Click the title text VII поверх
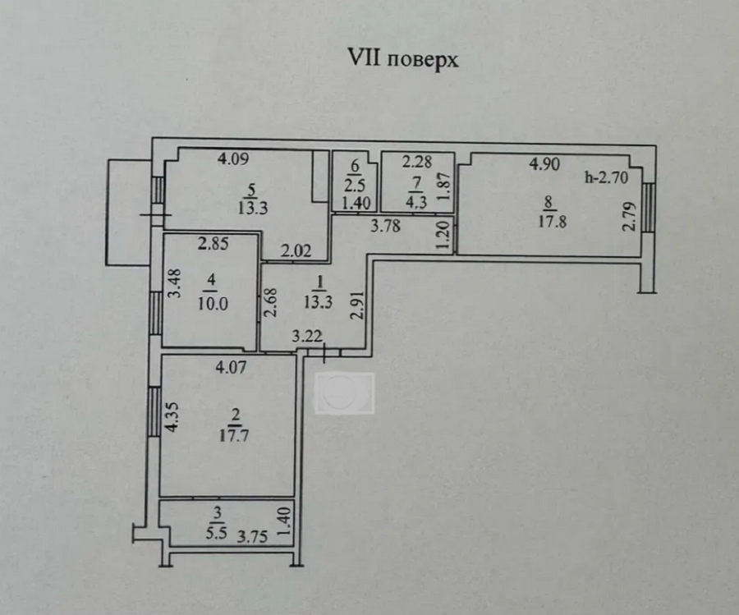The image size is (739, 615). pyautogui.click(x=403, y=61)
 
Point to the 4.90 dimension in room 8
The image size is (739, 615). pyautogui.click(x=544, y=163)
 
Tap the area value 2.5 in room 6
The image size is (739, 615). pyautogui.click(x=353, y=185)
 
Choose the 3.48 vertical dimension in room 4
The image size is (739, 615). pyautogui.click(x=173, y=284)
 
